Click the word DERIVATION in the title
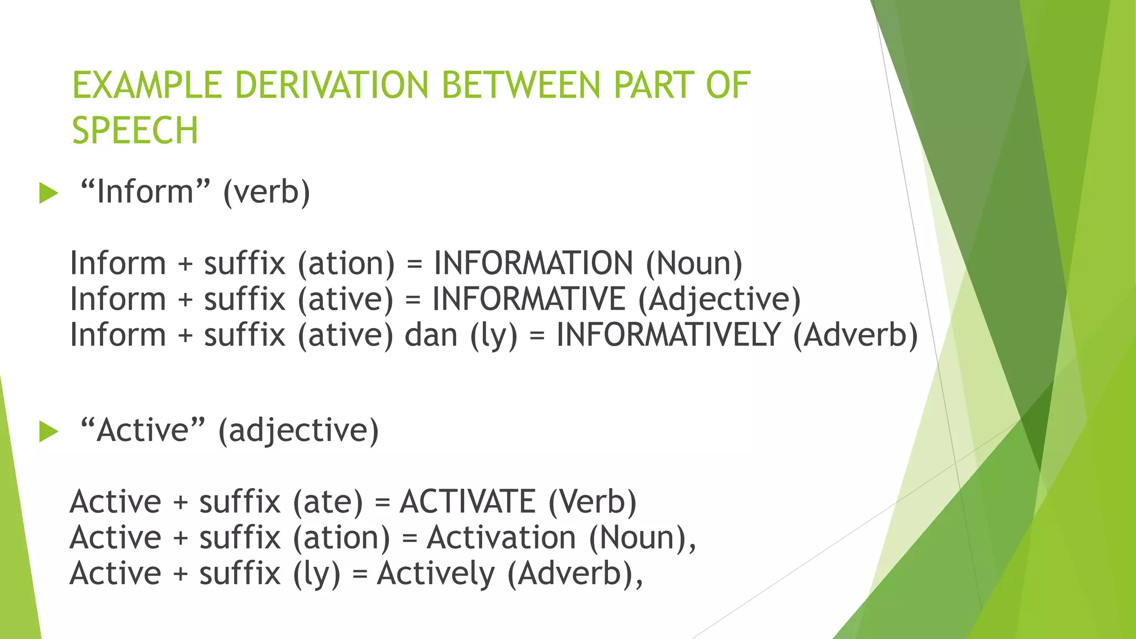[332, 85]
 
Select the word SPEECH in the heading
[135, 131]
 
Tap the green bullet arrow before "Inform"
[49, 194]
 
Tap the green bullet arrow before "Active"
[49, 432]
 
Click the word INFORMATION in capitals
[533, 263]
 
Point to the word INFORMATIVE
[529, 299]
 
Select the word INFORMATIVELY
[668, 335]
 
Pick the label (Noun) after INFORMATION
[694, 263]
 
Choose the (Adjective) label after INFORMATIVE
[719, 300]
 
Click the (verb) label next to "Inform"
[266, 192]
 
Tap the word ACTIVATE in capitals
[467, 501]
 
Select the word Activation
[501, 537]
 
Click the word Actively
[435, 574]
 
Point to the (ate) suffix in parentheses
[327, 502]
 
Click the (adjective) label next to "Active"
[298, 431]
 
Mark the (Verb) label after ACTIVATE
[592, 501]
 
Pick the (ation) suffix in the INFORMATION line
[346, 263]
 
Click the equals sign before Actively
[360, 574]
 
